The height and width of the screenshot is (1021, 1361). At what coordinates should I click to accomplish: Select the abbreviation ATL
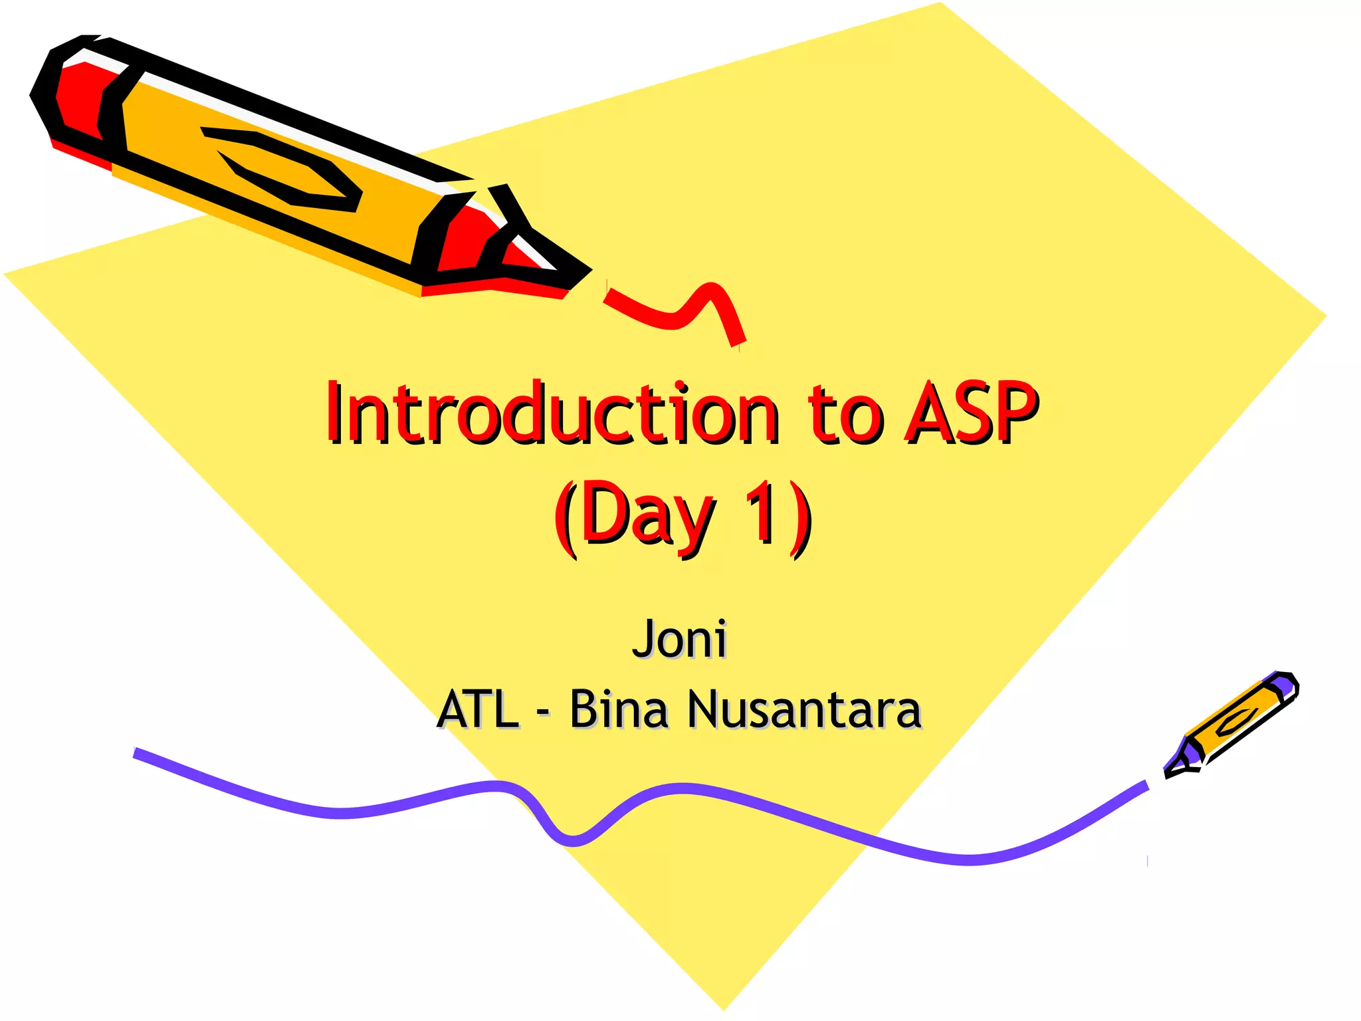477,709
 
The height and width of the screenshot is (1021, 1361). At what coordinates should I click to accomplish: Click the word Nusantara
804,709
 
